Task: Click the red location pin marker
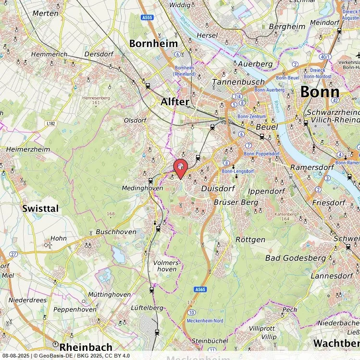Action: click(181, 168)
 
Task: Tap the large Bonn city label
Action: click(319, 92)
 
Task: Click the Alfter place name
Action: click(174, 102)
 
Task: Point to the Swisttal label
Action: click(40, 208)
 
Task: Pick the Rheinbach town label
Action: click(86, 347)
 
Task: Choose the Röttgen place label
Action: click(250, 239)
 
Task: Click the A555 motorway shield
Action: click(147, 17)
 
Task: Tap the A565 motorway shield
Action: click(200, 289)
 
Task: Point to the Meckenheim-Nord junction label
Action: click(205, 321)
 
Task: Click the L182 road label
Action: click(51, 124)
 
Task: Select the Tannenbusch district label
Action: click(232, 82)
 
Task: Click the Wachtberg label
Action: click(336, 343)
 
